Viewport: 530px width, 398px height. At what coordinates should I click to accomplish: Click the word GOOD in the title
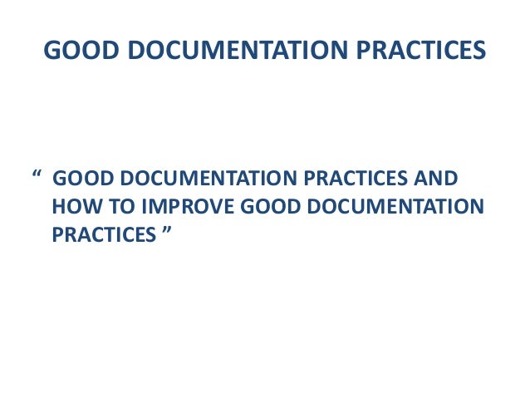pos(71,52)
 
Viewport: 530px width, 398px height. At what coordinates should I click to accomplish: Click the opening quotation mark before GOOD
pos(37,177)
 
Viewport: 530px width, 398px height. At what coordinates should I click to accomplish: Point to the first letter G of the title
pos(50,52)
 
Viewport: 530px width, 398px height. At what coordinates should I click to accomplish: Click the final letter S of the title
pos(478,52)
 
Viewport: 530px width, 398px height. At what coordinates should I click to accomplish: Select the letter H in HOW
pos(58,207)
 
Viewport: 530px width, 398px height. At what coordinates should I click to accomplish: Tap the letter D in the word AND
pos(451,180)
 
